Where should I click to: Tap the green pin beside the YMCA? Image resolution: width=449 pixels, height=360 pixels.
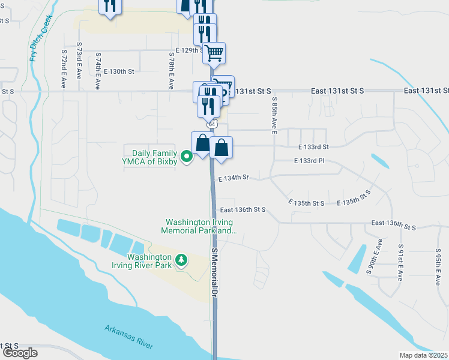coord(187,157)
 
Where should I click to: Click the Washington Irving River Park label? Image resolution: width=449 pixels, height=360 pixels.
coord(143,260)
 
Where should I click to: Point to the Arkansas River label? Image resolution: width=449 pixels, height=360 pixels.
coord(129,337)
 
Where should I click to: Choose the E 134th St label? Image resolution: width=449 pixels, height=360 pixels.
coord(233,178)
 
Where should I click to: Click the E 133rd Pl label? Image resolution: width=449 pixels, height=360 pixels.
coord(309,161)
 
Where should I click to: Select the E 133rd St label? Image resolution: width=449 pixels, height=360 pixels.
coord(313,146)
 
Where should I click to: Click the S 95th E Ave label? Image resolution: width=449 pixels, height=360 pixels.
coord(438,262)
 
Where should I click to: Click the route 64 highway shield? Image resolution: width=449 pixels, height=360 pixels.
coord(212,124)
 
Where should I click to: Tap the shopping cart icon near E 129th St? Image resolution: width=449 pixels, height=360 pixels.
coord(214,53)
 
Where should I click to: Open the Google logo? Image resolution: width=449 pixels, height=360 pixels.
coord(20,353)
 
